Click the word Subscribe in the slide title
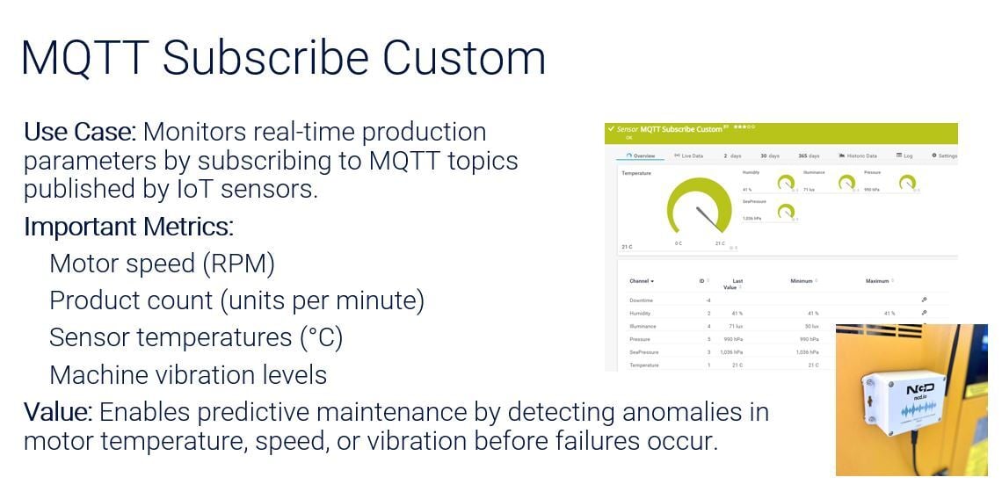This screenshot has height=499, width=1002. tap(265, 59)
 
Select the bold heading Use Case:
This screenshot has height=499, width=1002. tap(79, 133)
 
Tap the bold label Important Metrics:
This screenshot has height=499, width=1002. tap(128, 227)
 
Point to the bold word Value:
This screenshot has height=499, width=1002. tap(58, 412)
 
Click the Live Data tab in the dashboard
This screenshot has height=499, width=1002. tap(689, 155)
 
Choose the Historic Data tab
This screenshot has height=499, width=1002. tap(858, 155)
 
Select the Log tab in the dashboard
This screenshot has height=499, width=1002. tap(904, 155)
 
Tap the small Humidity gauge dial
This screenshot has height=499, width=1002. tap(785, 184)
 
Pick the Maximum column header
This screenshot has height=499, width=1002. tap(877, 281)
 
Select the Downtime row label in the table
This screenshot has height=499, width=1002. tap(641, 300)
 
